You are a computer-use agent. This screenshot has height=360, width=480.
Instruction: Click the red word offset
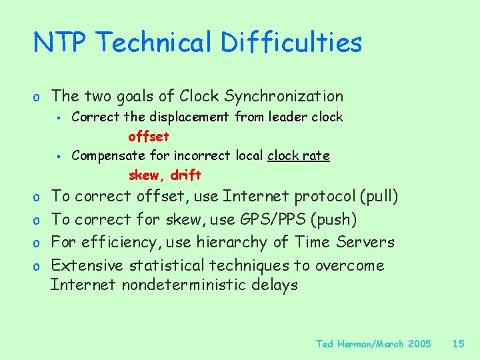pyautogui.click(x=149, y=137)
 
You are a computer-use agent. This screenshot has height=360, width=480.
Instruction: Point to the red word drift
pyautogui.click(x=186, y=176)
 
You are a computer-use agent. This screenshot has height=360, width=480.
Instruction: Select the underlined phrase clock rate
pyautogui.click(x=298, y=156)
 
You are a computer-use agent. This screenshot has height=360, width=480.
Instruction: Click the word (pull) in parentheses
pyautogui.click(x=378, y=196)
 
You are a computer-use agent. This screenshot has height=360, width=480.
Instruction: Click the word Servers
pyautogui.click(x=365, y=242)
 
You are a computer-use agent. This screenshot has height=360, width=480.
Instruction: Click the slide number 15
pyautogui.click(x=458, y=344)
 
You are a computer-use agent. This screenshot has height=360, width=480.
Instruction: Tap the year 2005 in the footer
pyautogui.click(x=419, y=344)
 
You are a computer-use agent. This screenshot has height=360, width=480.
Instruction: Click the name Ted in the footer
pyautogui.click(x=325, y=344)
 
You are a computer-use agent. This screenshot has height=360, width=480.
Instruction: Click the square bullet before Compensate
pyautogui.click(x=59, y=157)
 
